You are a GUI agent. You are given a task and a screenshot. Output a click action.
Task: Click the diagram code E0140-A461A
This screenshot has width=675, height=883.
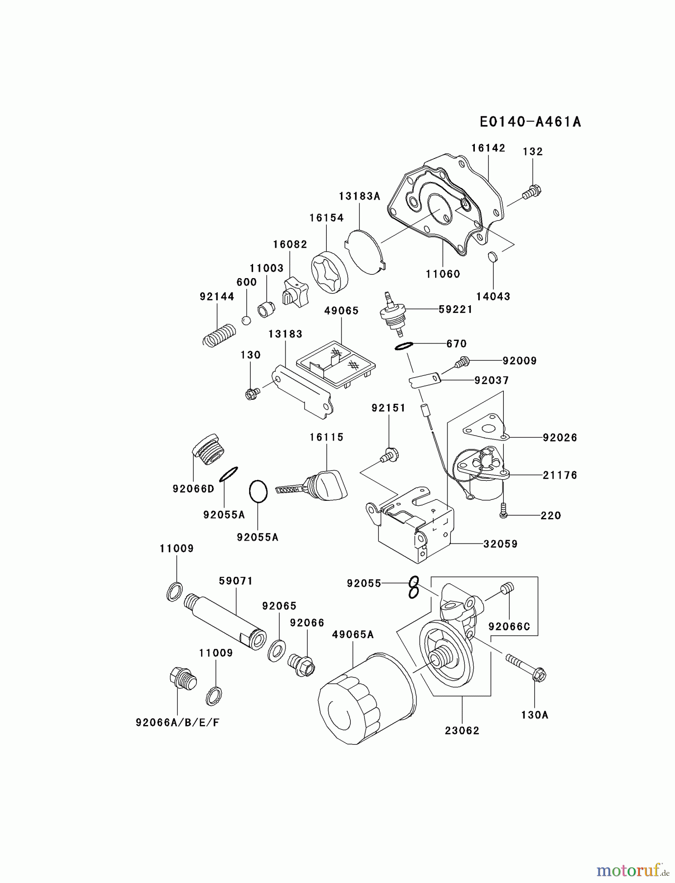tap(530, 122)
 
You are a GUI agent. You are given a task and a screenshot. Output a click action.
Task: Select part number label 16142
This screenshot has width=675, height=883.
tap(488, 148)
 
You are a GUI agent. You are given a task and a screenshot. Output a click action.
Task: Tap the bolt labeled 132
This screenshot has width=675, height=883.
tap(531, 192)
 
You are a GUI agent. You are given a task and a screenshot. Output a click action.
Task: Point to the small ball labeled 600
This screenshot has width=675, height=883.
tap(247, 320)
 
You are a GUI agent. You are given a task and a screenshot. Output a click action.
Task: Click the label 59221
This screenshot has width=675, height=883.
tap(455, 309)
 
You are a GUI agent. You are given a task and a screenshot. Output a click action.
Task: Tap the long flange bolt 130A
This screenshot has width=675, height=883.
tap(525, 667)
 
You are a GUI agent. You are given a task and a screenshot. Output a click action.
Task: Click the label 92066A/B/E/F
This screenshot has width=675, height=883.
tap(177, 723)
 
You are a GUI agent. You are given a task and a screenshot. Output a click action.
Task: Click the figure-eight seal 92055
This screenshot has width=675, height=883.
tap(414, 587)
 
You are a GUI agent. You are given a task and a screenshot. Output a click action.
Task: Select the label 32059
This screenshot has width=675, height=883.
tap(500, 544)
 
